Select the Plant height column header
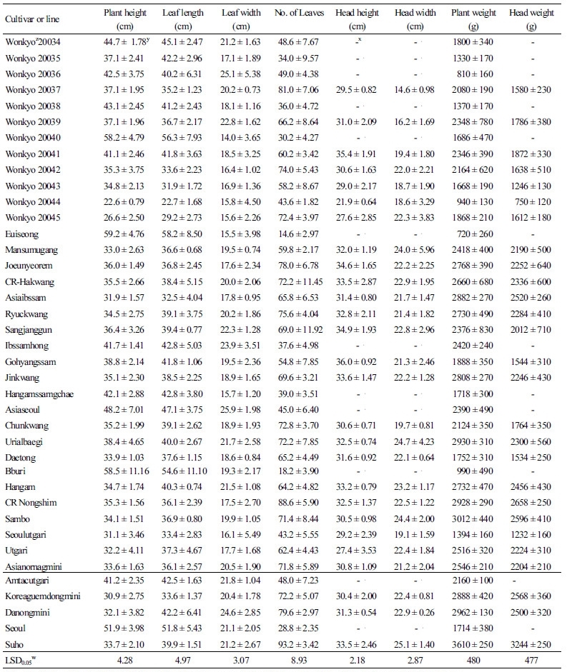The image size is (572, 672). click(x=127, y=13)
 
